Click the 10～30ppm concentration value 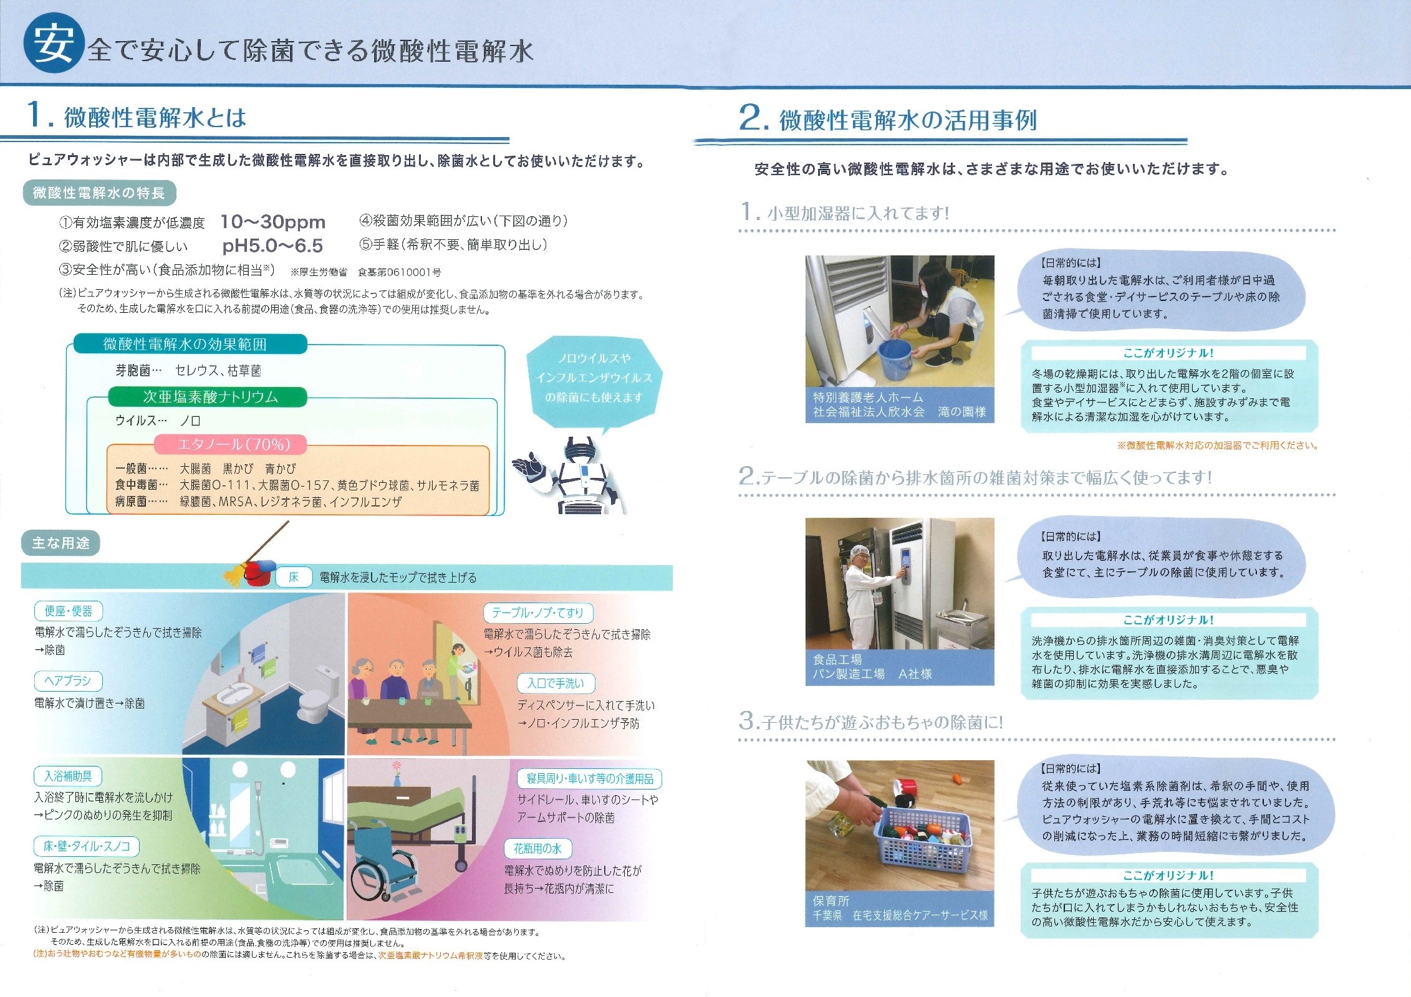pos(273,222)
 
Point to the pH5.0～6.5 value pos(272,246)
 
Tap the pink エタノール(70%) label pos(231,444)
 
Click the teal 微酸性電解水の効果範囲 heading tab pos(190,344)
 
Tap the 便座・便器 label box pos(69,611)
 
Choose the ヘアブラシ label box pos(68,681)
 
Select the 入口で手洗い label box pos(556,684)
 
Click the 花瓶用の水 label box pos(537,849)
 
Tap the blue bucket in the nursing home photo pos(895,360)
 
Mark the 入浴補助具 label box pos(68,776)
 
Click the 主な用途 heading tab pos(60,543)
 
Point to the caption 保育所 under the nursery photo pos(831,900)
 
